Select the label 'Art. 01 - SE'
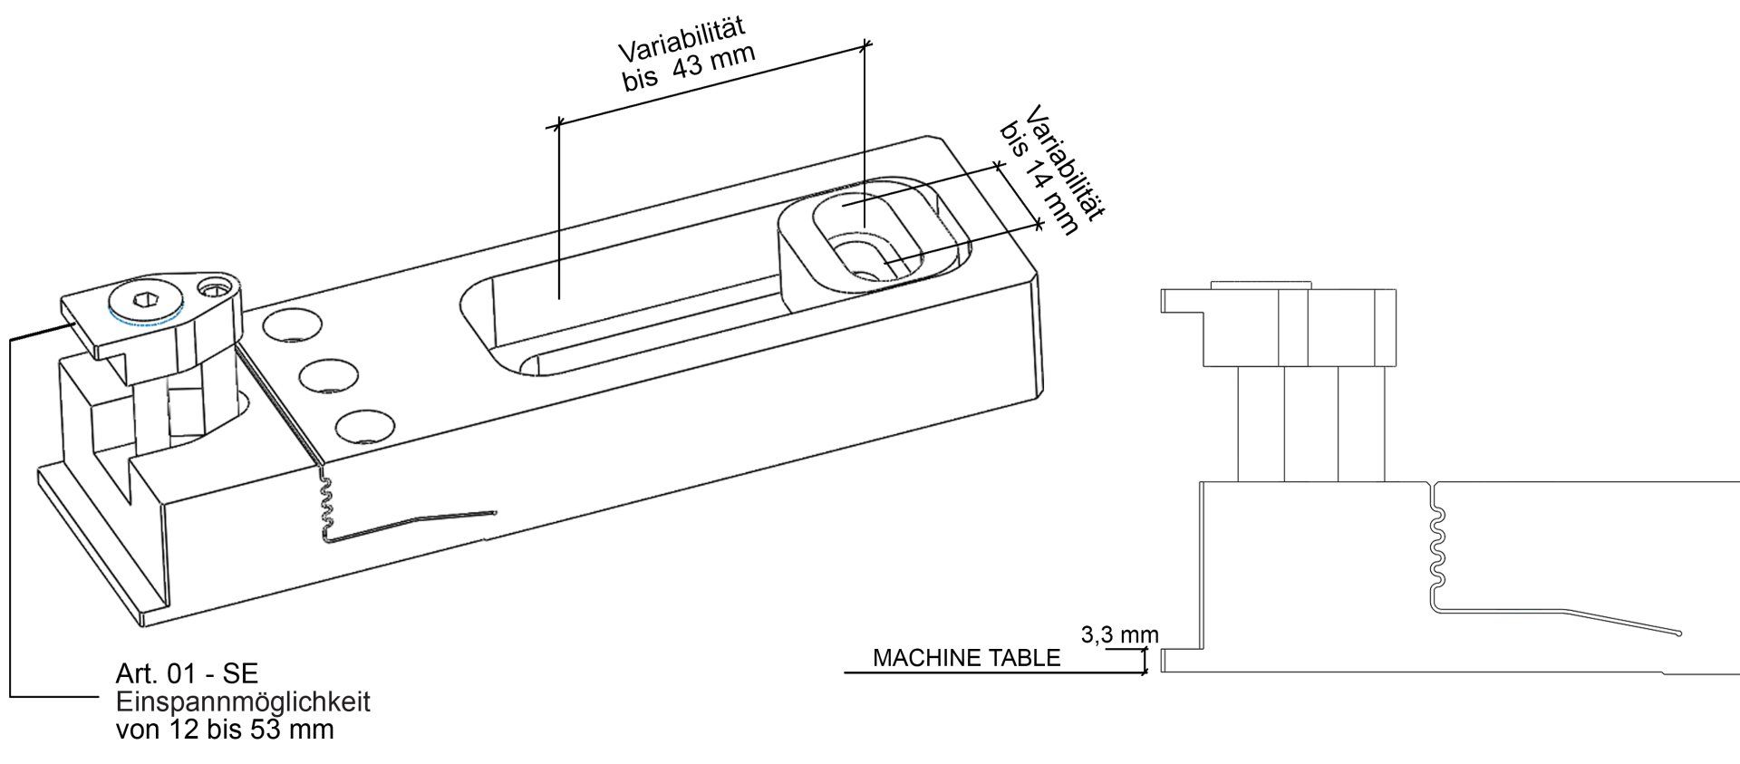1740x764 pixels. (187, 673)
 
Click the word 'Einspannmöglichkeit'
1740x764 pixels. (243, 702)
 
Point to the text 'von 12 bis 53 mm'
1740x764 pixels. (225, 730)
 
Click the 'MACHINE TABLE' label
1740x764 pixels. (966, 658)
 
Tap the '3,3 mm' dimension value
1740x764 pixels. (1120, 635)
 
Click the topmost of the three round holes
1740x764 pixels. (284, 326)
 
